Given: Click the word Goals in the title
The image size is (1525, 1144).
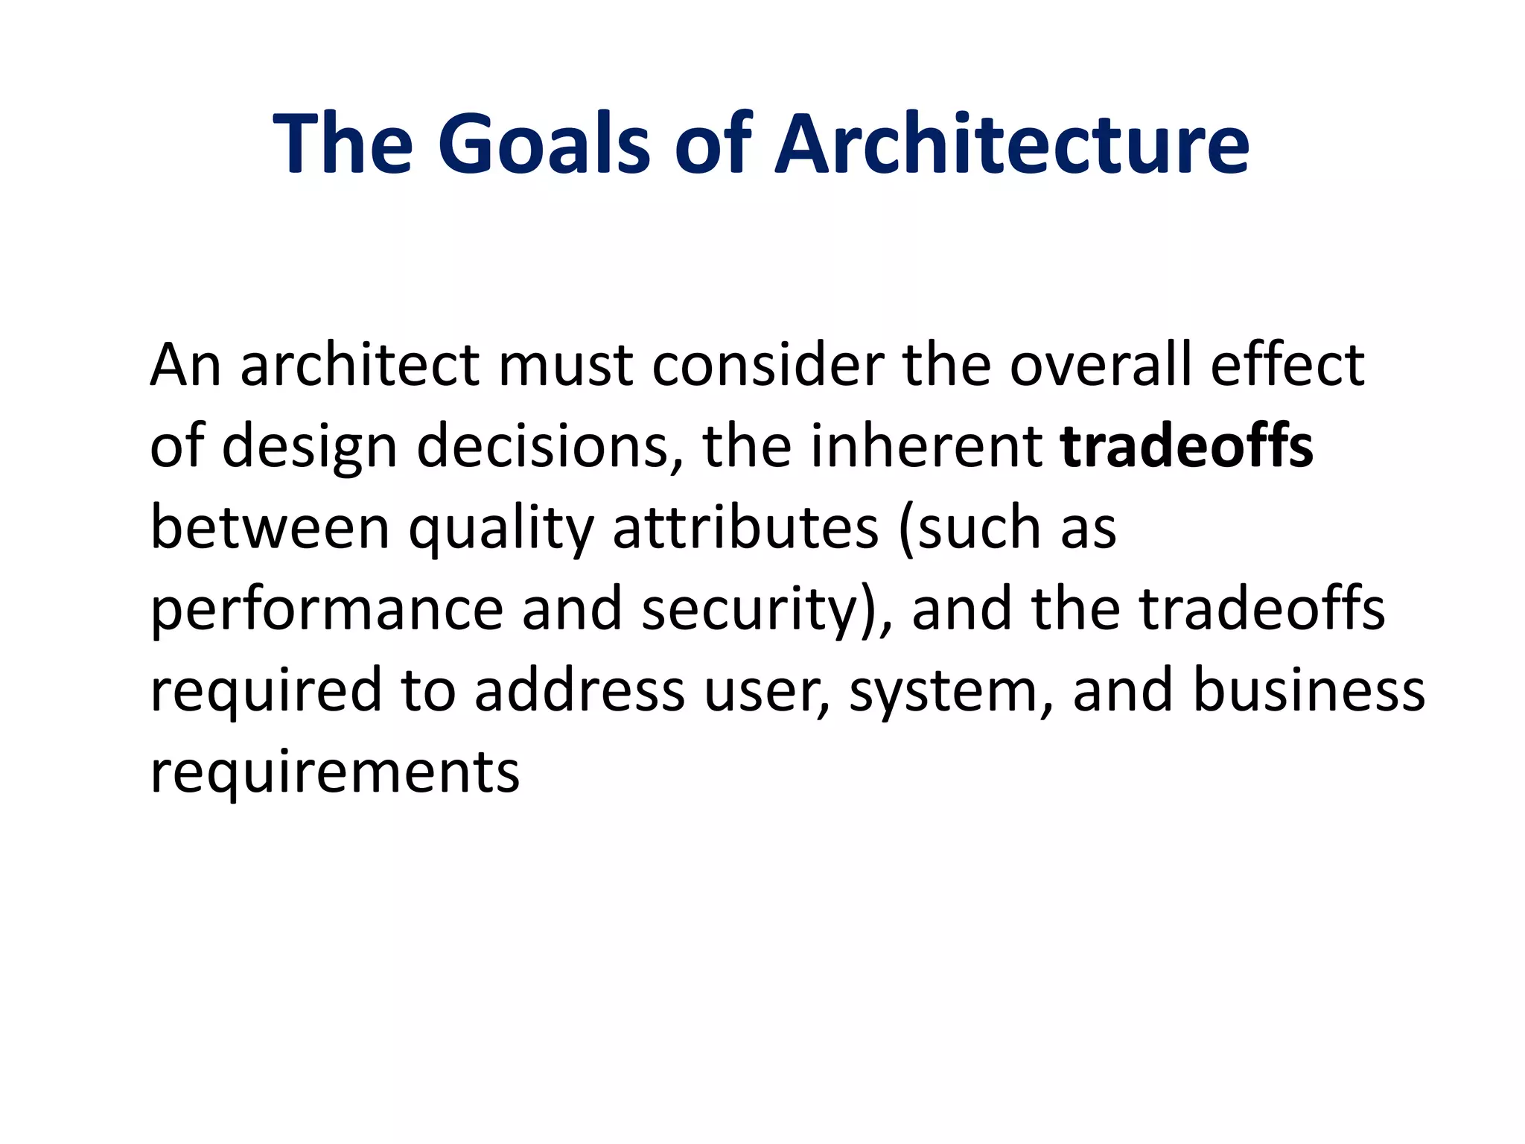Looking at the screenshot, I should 544,143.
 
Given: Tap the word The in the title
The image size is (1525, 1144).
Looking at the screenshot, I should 343,143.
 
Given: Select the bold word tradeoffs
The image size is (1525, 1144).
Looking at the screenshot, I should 1187,447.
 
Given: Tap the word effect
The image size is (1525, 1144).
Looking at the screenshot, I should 1287,365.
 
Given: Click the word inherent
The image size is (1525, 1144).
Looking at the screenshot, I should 926,447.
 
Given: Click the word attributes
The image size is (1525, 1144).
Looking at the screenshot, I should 745,529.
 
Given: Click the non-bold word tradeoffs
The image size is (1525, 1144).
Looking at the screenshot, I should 1261,609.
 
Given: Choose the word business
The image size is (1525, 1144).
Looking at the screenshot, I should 1309,690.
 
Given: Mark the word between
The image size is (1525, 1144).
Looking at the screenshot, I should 270,529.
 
